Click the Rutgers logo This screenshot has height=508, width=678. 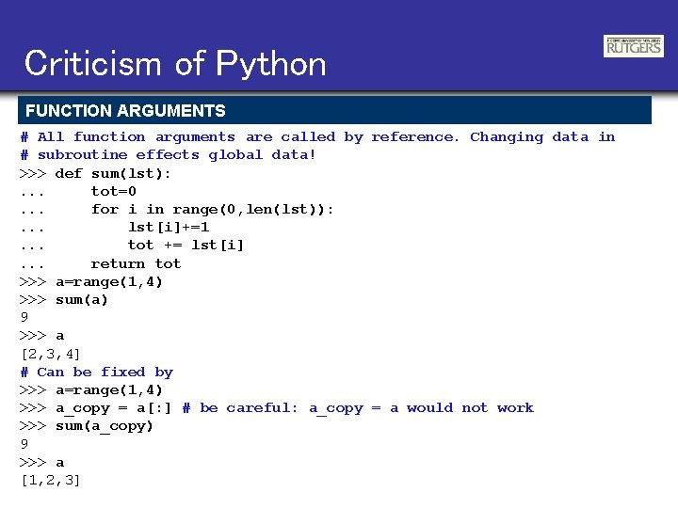coord(633,45)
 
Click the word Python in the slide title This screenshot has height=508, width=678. coord(271,64)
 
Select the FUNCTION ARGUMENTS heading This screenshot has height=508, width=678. coord(125,111)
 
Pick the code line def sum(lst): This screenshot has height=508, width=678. coord(113,174)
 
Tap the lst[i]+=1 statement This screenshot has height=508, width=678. coord(169,228)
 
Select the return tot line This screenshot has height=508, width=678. coord(136,264)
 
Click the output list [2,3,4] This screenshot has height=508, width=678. coord(50,354)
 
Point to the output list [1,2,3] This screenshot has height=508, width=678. coord(50,481)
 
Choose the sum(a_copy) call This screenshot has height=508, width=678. coord(104,426)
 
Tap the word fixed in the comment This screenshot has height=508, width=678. coord(122,373)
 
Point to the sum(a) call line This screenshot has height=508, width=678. coord(81,300)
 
